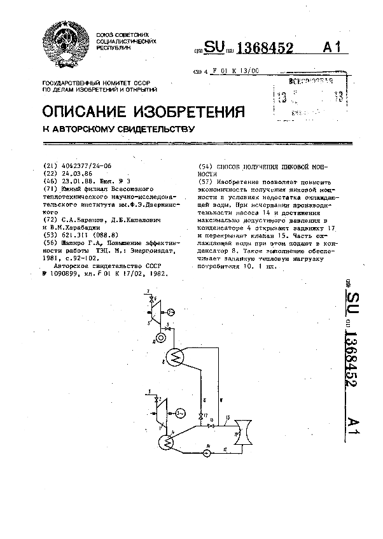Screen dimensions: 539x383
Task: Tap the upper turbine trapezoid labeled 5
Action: click(x=154, y=307)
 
